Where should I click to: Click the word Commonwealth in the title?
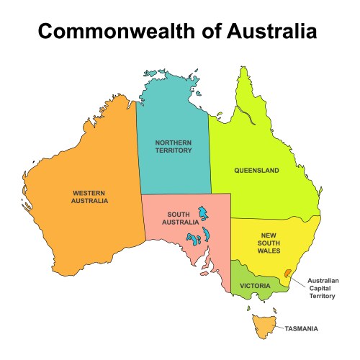coord(116,32)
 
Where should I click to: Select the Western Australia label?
coord(90,197)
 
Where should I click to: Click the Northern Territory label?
coord(174,147)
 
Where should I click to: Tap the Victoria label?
coord(255,286)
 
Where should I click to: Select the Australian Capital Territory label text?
coord(322,288)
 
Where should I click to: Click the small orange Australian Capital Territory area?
coord(288,274)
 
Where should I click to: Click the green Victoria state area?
coord(248,277)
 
